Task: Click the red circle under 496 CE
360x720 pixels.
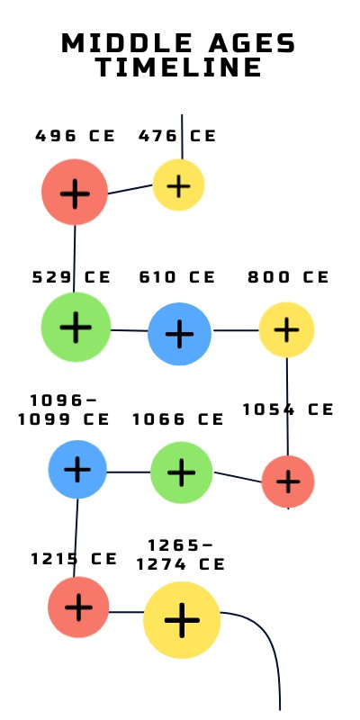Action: coord(75,192)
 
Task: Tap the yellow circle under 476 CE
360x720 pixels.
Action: coord(178,185)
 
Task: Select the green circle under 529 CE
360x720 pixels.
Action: coord(76,327)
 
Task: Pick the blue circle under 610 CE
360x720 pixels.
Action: coord(180,333)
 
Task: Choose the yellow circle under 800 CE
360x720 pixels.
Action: coord(286,329)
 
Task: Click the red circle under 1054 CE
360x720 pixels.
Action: coord(288,481)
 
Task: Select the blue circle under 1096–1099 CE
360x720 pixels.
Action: coord(78,469)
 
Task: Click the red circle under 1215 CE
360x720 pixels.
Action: coord(78,607)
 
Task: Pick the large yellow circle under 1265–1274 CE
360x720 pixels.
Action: coord(182,619)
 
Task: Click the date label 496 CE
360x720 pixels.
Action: coord(76,136)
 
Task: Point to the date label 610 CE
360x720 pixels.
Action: coord(177,277)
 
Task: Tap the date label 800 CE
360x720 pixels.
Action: coord(289,277)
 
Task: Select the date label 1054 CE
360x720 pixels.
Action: coord(288,409)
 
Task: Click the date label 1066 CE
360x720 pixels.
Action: coord(177,418)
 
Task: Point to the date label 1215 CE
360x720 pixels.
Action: coord(74,558)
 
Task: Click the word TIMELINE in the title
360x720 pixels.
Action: coord(179,67)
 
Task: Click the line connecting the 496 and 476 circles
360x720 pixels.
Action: coord(130,189)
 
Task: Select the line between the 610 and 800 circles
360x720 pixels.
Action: coord(236,330)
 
